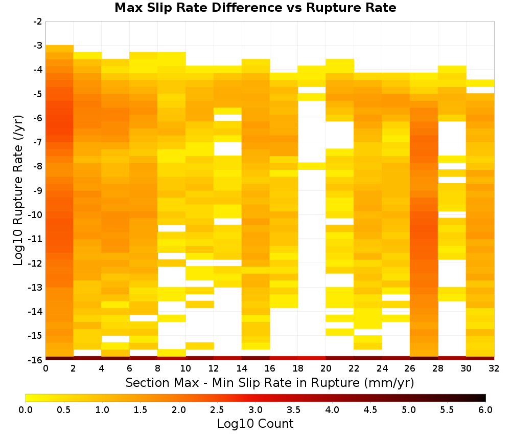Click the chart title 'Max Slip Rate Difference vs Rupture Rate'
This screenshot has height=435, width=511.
pyautogui.click(x=255, y=8)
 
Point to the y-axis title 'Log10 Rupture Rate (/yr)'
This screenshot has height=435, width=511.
pyautogui.click(x=18, y=190)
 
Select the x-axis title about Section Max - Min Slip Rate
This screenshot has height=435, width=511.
pyautogui.click(x=269, y=383)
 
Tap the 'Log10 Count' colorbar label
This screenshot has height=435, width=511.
pyautogui.click(x=255, y=424)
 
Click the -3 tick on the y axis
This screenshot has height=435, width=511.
pyautogui.click(x=38, y=46)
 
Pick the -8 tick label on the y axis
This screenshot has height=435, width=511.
pyautogui.click(x=38, y=166)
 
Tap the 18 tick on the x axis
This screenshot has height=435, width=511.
pyautogui.click(x=298, y=368)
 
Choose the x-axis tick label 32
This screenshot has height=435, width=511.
pyautogui.click(x=494, y=368)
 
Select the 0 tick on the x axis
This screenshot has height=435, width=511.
pyautogui.click(x=45, y=368)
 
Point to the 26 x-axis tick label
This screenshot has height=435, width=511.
pyautogui.click(x=410, y=368)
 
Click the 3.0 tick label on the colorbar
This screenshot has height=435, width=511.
pyautogui.click(x=255, y=410)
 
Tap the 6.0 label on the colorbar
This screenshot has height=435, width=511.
pyautogui.click(x=485, y=410)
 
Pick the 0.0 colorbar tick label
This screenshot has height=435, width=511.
pyautogui.click(x=26, y=410)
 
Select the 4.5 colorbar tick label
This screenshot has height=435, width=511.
pyautogui.click(x=370, y=410)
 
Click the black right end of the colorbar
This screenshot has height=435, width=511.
pyautogui.click(x=484, y=398)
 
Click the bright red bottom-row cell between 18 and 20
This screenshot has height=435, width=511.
pyautogui.click(x=312, y=358)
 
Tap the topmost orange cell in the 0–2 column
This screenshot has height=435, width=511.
pyautogui.click(x=60, y=49)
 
